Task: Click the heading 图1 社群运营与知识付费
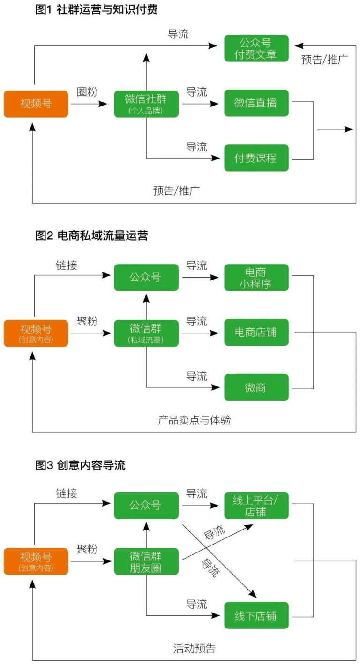click(96, 10)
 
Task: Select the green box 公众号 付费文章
click(256, 48)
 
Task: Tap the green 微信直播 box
click(256, 103)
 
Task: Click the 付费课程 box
click(256, 158)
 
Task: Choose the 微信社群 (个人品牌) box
click(146, 104)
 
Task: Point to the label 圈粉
click(87, 92)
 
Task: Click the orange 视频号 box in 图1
click(36, 104)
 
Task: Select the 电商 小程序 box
click(256, 278)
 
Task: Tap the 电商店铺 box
click(256, 333)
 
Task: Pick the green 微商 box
click(256, 387)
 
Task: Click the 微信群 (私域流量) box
click(146, 333)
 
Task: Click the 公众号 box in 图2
click(146, 278)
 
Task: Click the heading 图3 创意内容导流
click(81, 465)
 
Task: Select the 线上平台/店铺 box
click(256, 506)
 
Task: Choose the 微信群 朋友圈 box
click(146, 561)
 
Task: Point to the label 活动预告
click(195, 649)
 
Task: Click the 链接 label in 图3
click(67, 493)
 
